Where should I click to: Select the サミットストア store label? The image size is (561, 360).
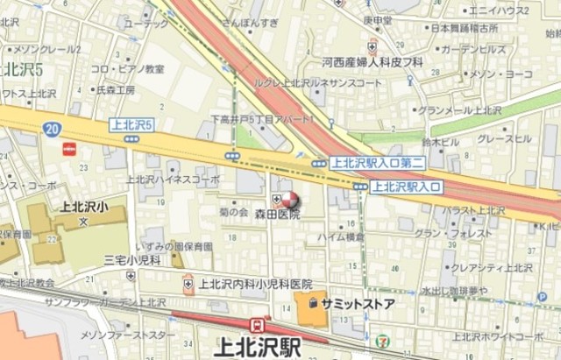click(x=357, y=303)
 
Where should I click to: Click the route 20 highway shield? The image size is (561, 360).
click(x=52, y=129)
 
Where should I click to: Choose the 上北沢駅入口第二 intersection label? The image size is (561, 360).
click(x=380, y=162)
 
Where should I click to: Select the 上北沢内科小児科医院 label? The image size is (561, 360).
click(x=255, y=284)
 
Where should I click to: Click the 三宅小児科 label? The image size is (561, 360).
click(x=131, y=259)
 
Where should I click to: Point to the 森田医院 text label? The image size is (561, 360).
click(x=277, y=215)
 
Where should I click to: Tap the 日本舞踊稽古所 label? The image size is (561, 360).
click(x=464, y=29)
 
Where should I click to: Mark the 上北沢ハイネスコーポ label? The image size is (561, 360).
click(x=172, y=180)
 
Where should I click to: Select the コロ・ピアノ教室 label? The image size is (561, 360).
click(x=128, y=69)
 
